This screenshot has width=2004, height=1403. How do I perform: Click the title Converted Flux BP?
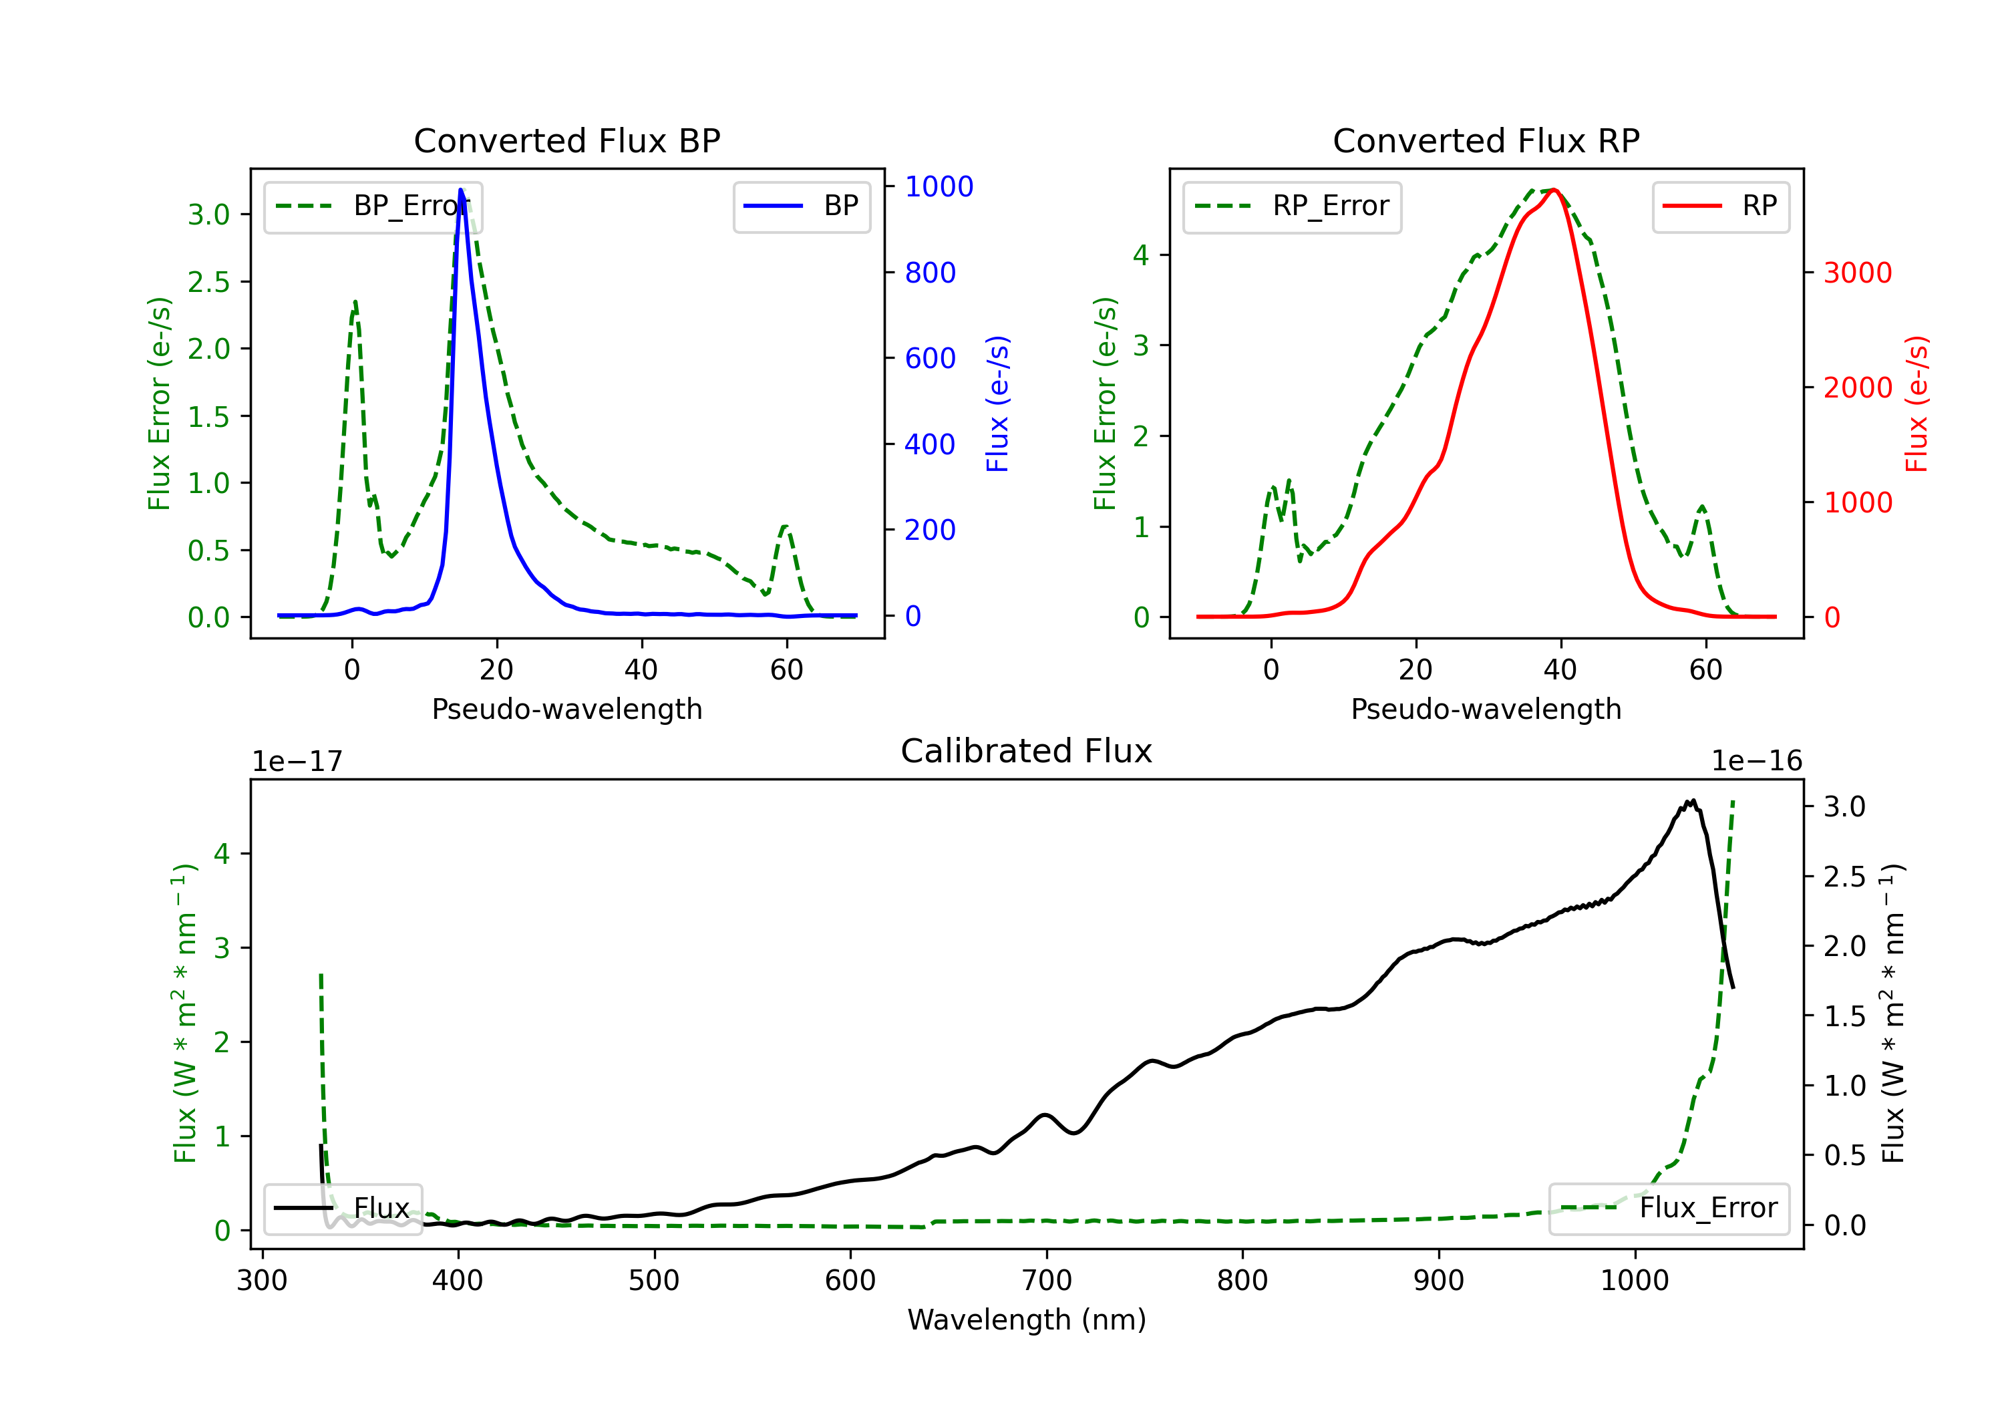pyautogui.click(x=566, y=140)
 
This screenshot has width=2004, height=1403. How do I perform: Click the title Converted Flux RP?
pyautogui.click(x=1486, y=140)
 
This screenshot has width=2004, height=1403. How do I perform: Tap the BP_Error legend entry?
pyautogui.click(x=373, y=207)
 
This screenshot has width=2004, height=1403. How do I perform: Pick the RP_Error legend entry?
pyautogui.click(x=1292, y=207)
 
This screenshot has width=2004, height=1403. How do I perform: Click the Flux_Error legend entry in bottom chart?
pyautogui.click(x=1668, y=1209)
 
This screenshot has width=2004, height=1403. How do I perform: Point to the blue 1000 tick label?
pyautogui.click(x=939, y=187)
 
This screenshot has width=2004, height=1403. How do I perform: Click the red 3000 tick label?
pyautogui.click(x=1857, y=273)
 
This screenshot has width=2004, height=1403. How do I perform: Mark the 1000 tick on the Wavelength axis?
pyautogui.click(x=1634, y=1281)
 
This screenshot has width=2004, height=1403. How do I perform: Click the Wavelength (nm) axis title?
pyautogui.click(x=1027, y=1320)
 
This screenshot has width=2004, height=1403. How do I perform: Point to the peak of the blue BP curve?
pyautogui.click(x=461, y=190)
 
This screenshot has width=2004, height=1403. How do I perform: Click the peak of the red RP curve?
pyautogui.click(x=1555, y=190)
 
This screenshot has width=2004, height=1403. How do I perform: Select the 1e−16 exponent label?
pyautogui.click(x=1756, y=762)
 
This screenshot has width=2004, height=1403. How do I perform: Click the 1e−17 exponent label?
pyautogui.click(x=298, y=762)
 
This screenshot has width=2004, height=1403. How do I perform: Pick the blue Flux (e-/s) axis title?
pyautogui.click(x=997, y=404)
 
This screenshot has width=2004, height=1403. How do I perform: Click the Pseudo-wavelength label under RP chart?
pyautogui.click(x=1486, y=709)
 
